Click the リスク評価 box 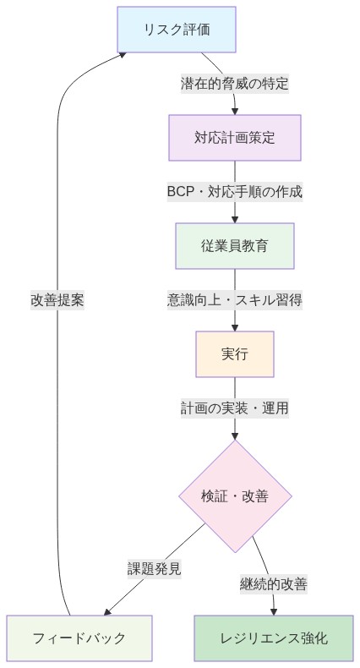[175, 30]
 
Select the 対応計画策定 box [235, 137]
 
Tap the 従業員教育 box [235, 245]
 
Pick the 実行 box [235, 353]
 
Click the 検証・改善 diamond [235, 496]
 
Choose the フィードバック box [79, 638]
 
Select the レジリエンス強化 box [273, 638]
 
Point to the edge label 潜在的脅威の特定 [235, 84]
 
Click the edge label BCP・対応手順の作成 [235, 191]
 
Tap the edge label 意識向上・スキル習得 [235, 299]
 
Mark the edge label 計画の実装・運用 [235, 408]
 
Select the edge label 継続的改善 [273, 583]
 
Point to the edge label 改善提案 [57, 299]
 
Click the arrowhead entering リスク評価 [123, 53]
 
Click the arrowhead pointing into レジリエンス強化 [273, 611]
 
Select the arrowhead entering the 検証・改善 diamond [235, 435]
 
